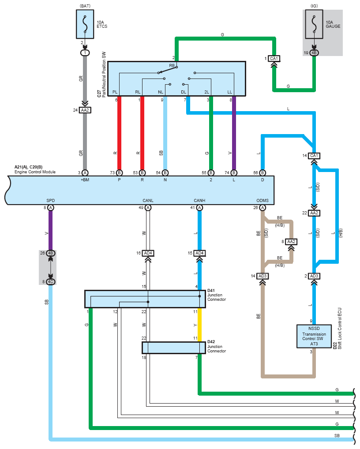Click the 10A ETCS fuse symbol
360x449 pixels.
click(85, 24)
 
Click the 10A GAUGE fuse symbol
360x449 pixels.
click(314, 24)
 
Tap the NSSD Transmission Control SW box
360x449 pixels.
click(314, 336)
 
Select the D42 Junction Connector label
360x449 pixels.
click(217, 346)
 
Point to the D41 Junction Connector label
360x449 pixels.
click(217, 295)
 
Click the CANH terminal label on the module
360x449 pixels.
click(199, 200)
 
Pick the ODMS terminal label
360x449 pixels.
click(262, 200)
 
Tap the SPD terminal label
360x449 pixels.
click(50, 200)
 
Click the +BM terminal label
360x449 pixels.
click(85, 180)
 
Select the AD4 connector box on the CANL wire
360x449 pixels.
click(148, 253)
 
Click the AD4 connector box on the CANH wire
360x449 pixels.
click(199, 253)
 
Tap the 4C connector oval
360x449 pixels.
click(50, 282)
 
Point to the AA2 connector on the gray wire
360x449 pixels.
click(85, 110)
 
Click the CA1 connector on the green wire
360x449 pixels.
click(274, 58)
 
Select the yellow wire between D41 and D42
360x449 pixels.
click(199, 325)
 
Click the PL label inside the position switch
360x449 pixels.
click(115, 92)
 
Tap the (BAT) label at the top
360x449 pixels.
click(85, 6)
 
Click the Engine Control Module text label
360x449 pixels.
click(35, 172)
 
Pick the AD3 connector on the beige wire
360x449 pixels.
click(262, 276)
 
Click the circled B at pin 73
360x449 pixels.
click(119, 172)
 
